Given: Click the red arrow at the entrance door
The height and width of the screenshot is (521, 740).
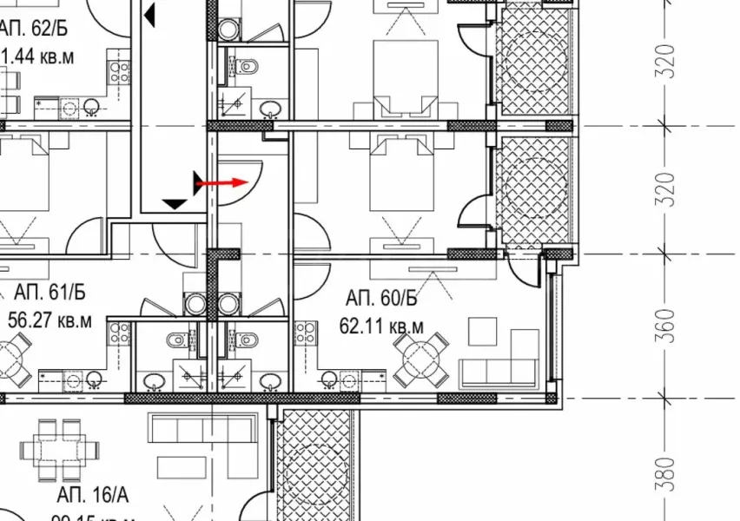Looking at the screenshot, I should [222, 183].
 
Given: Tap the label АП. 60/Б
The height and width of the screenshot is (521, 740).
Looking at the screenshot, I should [381, 300].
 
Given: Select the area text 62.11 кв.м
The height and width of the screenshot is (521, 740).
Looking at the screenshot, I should [381, 326].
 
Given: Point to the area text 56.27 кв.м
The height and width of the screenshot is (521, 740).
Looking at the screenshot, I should [50, 320].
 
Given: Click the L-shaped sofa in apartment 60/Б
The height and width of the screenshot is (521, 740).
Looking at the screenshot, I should [500, 366].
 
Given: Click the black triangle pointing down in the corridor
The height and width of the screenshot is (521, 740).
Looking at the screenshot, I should [175, 203].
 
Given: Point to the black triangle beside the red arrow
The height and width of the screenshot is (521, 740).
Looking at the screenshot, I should [199, 183].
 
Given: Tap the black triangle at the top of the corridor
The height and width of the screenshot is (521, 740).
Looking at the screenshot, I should [150, 14].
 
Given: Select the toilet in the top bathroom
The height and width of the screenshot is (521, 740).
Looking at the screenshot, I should [246, 63].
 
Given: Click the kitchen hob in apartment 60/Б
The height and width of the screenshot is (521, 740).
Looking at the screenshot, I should [305, 333].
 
